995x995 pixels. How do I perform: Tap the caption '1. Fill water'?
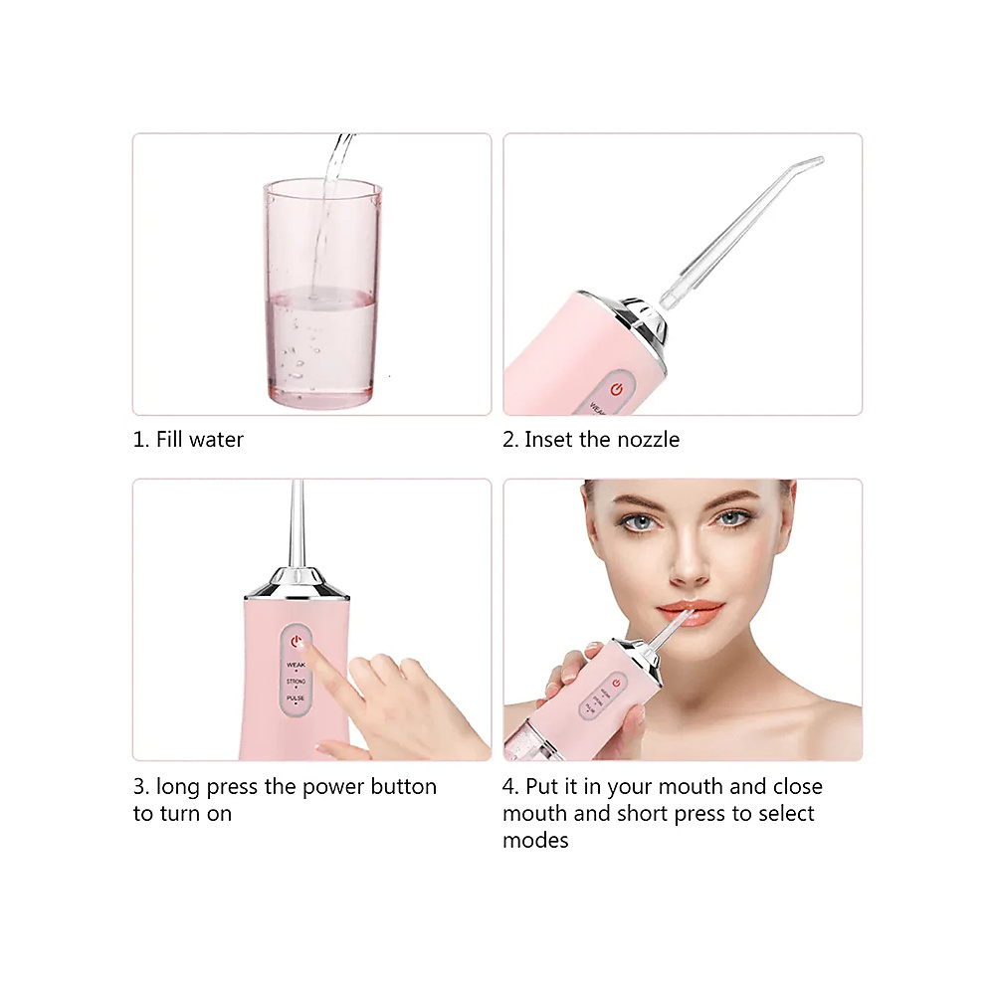188,439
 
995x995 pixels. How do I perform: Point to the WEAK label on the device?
297,664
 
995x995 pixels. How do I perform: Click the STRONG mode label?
297,682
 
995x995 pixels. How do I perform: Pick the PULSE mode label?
297,699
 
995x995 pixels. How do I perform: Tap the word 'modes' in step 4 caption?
535,840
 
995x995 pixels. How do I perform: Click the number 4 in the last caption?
508,786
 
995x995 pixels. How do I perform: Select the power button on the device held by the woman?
617,683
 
